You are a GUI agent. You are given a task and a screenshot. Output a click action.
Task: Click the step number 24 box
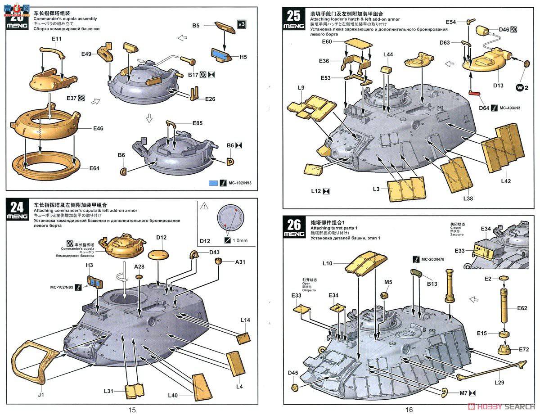[17, 210]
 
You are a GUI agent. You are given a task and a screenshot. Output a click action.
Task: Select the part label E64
[94, 168]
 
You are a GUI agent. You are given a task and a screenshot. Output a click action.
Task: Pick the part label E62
[522, 308]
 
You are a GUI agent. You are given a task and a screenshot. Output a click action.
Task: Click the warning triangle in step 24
[204, 206]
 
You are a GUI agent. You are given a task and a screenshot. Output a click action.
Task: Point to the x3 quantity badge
[241, 24]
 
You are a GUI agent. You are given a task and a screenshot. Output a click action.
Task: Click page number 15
[131, 410]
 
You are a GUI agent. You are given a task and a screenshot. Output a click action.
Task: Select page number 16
[409, 410]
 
